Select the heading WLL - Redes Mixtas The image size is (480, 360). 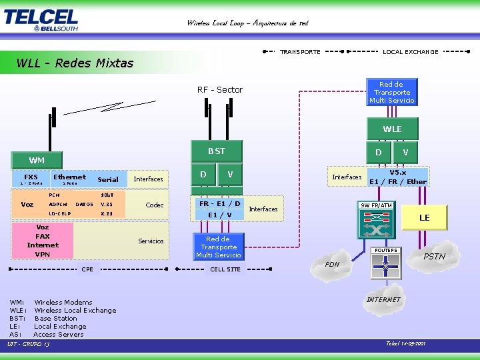point(75,63)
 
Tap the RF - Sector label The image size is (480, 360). point(220,90)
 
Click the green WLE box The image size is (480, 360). point(392,129)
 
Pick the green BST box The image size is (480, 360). point(217,151)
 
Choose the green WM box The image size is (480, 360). point(37,161)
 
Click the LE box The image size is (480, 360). point(424,218)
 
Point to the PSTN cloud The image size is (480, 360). point(435,257)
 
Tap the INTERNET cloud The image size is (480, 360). point(383,300)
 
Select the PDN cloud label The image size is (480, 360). point(333,265)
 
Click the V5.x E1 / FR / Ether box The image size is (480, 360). point(398,177)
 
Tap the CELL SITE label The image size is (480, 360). point(225,269)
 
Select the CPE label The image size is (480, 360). point(87,269)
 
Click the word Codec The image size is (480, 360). point(155,205)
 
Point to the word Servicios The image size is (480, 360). point(151,241)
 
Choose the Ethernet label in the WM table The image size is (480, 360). point(69,177)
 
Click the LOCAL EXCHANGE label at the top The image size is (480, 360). point(411,51)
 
